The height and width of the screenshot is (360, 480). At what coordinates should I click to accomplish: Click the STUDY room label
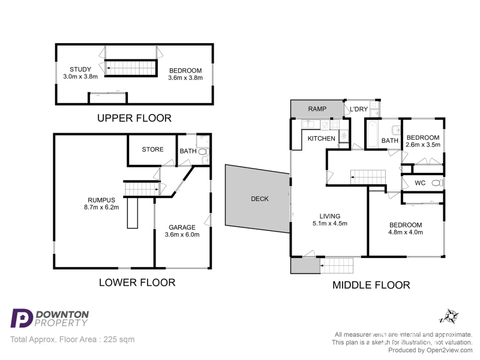point(80,70)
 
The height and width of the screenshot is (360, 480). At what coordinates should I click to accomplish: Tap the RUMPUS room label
point(101,200)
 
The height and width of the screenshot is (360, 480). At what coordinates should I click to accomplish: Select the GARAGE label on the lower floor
point(182,227)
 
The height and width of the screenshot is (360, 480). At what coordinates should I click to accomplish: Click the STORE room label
point(153,149)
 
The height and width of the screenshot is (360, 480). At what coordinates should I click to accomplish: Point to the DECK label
point(260,199)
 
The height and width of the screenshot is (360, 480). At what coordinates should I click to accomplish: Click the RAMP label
point(317,109)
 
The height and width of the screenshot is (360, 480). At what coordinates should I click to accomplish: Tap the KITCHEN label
point(322,139)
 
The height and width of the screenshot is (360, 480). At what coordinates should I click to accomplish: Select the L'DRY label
point(359,109)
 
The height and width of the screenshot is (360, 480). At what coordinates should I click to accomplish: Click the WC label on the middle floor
point(420,183)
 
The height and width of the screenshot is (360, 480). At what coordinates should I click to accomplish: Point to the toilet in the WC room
point(437,183)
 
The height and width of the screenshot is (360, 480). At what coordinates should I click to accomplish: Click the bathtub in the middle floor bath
point(373,134)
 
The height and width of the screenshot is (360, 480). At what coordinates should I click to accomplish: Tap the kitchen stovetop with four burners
point(335,125)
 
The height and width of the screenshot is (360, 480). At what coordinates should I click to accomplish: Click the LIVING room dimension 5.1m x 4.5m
point(330,223)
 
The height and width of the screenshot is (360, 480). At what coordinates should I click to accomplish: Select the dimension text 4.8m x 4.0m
point(406,232)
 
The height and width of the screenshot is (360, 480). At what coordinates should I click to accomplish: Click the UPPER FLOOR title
point(134,118)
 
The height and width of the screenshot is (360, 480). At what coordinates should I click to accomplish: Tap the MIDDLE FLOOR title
point(371,286)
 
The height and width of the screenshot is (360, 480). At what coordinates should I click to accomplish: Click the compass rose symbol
point(449,317)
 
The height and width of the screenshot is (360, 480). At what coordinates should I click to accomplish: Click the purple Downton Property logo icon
point(22,319)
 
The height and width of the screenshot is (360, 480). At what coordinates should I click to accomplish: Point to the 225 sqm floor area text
point(119,340)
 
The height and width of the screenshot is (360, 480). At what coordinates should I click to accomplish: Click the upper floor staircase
point(131,68)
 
